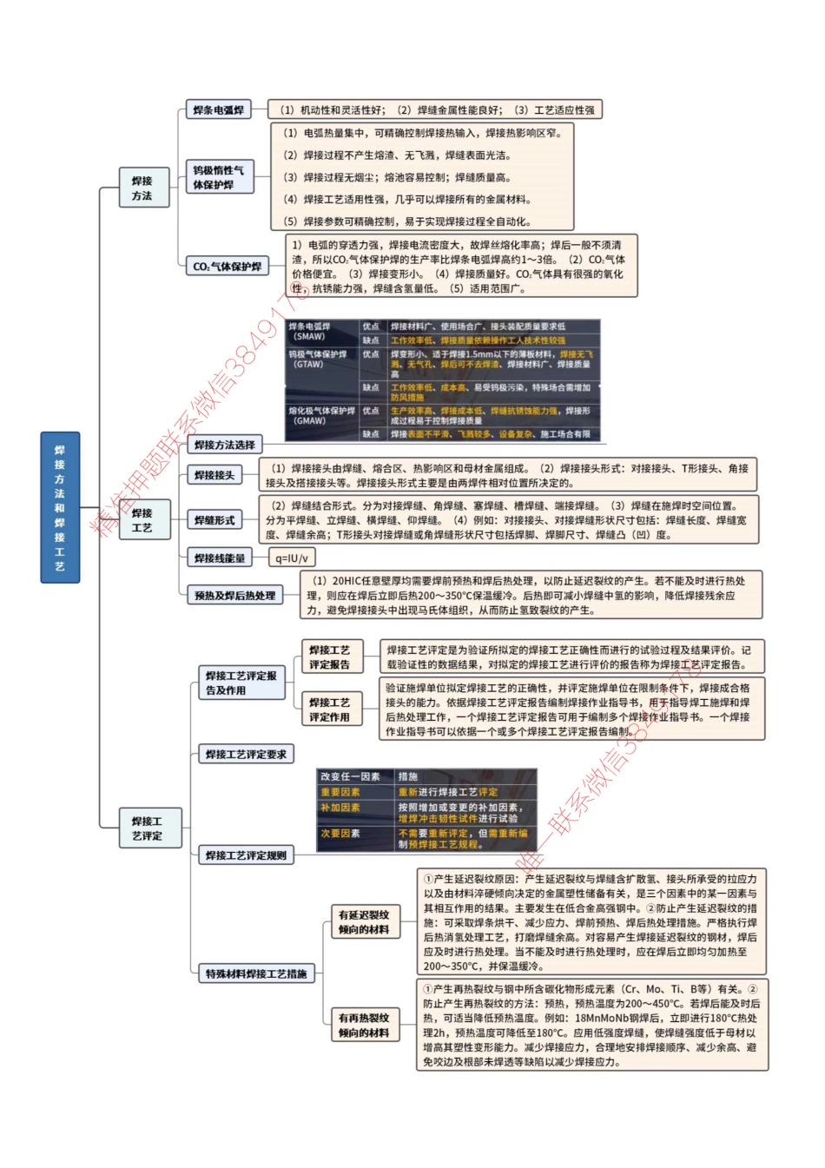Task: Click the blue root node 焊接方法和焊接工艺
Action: (x=59, y=507)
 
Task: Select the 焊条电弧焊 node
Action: (x=218, y=110)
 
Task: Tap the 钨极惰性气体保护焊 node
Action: (x=219, y=177)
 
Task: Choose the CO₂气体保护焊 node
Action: (x=227, y=267)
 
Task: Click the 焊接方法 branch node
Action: (x=142, y=188)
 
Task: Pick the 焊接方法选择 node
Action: (x=225, y=445)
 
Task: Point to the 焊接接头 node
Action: (x=214, y=475)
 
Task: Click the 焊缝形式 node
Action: (x=214, y=520)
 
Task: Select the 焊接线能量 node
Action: (x=220, y=558)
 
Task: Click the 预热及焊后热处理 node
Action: (x=234, y=596)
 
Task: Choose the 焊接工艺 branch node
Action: (x=142, y=520)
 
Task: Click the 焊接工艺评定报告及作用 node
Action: (x=241, y=683)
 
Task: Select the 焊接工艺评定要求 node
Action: (x=246, y=755)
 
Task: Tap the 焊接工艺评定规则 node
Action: (x=246, y=855)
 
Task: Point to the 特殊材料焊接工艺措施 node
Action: (x=256, y=974)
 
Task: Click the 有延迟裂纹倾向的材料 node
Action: (x=364, y=922)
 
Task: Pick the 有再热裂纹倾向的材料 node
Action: (x=364, y=1026)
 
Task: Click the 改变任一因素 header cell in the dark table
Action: (x=350, y=776)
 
